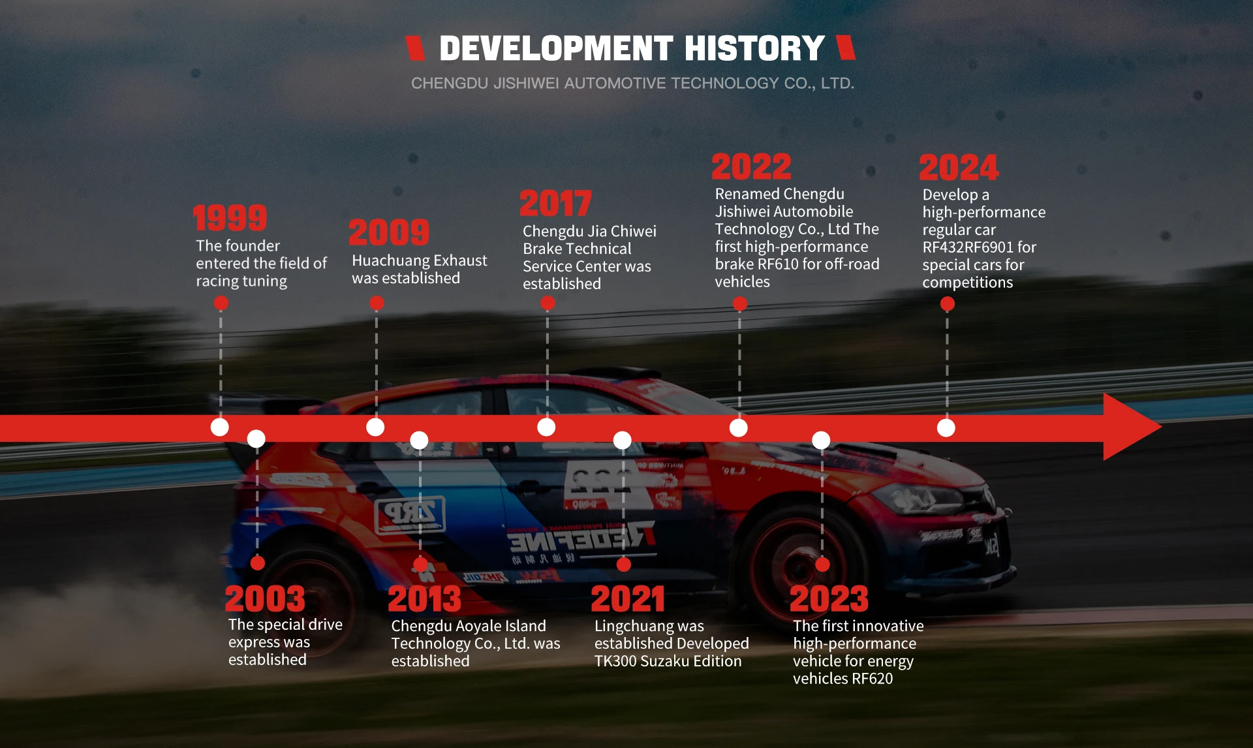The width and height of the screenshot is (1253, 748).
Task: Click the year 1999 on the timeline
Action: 230,218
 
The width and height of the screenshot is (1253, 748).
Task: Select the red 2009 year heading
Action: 389,232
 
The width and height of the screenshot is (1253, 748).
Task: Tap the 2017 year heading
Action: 556,203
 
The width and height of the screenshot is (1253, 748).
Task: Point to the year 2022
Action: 751,166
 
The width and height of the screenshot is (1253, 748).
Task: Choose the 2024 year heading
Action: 959,167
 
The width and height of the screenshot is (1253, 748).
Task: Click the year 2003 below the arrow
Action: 265,599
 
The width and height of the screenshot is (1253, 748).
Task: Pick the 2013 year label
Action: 424,599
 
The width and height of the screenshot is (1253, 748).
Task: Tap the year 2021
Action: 628,599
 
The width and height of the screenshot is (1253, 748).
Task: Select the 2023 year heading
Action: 829,599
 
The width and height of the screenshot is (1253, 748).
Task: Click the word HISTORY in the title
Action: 755,49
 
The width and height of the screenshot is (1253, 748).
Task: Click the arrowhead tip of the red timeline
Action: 1161,428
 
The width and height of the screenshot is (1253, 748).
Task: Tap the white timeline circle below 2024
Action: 946,428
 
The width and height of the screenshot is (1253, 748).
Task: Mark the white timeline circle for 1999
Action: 220,428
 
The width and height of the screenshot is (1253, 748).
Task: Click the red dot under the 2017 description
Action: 548,303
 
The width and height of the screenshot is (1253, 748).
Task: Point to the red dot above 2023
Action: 822,565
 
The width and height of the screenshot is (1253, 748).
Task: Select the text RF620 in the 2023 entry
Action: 872,679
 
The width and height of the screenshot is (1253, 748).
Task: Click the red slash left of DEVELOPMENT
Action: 415,48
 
